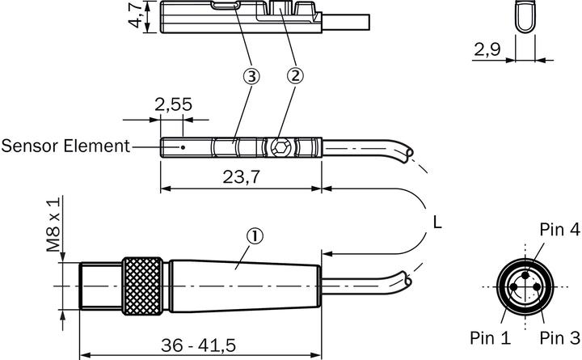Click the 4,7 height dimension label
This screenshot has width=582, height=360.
[135, 15]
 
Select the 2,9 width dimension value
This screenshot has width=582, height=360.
[487, 49]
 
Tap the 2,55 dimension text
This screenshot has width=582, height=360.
[173, 104]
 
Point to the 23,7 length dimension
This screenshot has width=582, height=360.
[241, 177]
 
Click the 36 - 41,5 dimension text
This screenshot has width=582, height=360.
[198, 345]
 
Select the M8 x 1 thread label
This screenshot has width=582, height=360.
[53, 224]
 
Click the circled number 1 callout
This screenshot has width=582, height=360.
[255, 236]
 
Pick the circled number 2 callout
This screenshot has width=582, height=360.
[295, 76]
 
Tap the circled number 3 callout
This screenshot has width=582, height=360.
[251, 77]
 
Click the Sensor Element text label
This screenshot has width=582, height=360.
[65, 146]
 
